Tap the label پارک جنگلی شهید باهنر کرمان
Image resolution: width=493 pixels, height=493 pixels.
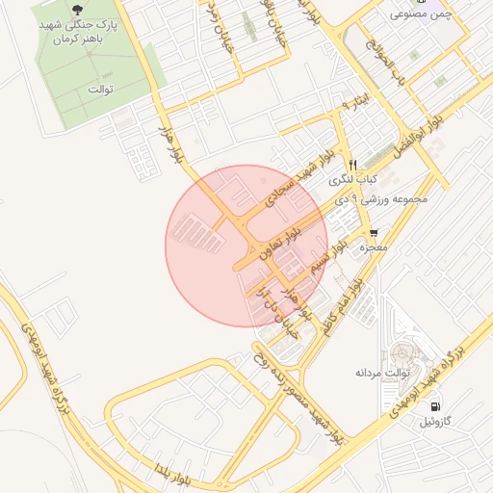click(77, 32)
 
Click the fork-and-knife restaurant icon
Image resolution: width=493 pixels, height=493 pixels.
click(352, 165)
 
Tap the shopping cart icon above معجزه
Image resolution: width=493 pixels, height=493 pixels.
click(374, 233)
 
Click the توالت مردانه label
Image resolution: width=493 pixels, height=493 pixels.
click(383, 372)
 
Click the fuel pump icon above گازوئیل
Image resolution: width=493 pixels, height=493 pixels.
click(437, 407)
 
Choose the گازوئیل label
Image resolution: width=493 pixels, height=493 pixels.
click(433, 423)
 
